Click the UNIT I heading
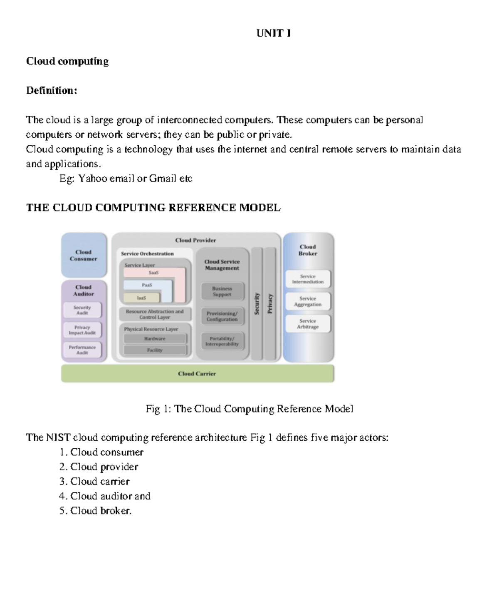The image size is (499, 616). coord(274,33)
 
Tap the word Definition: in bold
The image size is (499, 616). coord(52,90)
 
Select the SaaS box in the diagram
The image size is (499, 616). coord(153,273)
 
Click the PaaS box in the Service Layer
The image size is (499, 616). coord(147,285)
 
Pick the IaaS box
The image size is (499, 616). coord(141,298)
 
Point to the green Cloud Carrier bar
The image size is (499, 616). coord(197,374)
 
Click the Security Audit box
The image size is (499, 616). coord(82,310)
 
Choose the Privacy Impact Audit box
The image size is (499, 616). coord(82,330)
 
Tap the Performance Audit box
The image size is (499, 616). coord(82,350)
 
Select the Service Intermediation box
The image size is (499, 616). coord(308,279)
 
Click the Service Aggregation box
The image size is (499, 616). coord(308,301)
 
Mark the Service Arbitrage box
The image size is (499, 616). coord(308,324)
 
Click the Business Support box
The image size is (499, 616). coord(222,291)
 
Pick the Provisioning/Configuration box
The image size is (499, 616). coord(222,316)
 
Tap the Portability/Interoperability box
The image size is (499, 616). coord(222,341)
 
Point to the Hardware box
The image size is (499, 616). coord(155,339)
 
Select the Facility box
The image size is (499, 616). coord(155,350)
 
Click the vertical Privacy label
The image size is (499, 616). coord(270,304)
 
